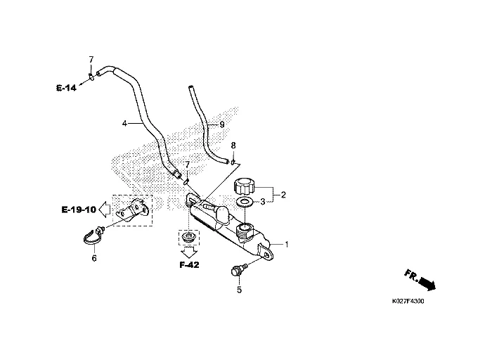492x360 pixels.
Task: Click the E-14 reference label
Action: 66,88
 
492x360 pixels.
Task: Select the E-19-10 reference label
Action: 77,210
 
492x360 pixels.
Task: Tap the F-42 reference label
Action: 188,266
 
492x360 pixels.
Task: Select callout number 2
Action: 284,194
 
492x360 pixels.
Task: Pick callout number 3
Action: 263,201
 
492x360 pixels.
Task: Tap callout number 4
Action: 124,123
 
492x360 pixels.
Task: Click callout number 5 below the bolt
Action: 238,289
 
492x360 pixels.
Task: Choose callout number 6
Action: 93,258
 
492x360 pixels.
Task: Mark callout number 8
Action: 233,145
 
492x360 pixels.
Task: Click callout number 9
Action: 221,124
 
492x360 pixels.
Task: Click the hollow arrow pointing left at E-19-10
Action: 103,209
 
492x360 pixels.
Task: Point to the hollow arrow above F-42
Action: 188,250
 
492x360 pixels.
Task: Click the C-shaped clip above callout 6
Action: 90,239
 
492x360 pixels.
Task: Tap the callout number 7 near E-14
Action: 91,58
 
